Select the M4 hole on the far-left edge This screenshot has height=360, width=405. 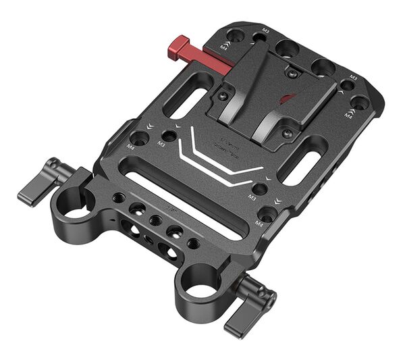(x=139, y=138)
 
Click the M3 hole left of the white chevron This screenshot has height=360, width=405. (x=168, y=136)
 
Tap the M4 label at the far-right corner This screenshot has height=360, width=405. (x=348, y=115)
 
